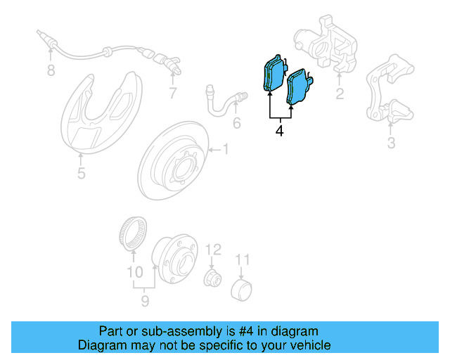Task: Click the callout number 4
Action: [x=280, y=130]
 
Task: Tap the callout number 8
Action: [x=50, y=70]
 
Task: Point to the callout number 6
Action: [x=236, y=124]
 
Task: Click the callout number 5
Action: [x=82, y=172]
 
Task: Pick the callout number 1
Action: [x=226, y=148]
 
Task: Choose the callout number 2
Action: [x=340, y=94]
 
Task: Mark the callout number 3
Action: [x=391, y=144]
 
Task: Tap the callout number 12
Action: [x=214, y=249]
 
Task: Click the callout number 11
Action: [x=242, y=261]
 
